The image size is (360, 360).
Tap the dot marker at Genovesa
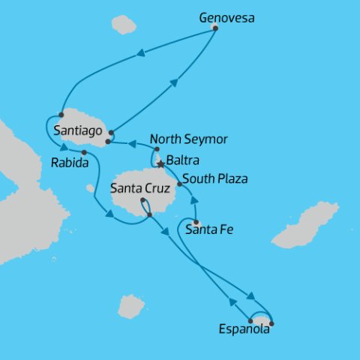coord(215,28)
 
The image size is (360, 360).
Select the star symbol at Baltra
coord(160,163)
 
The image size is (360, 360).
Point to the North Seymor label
coord(189,139)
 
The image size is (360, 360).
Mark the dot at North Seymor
coord(157,150)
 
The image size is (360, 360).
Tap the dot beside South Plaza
coord(179,184)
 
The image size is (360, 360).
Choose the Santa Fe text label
coord(208,230)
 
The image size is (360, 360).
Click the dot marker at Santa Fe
coord(196,223)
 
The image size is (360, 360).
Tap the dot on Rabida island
coord(83,153)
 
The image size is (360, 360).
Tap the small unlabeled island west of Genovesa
coord(124,25)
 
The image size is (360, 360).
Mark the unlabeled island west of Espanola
coord(131,306)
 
